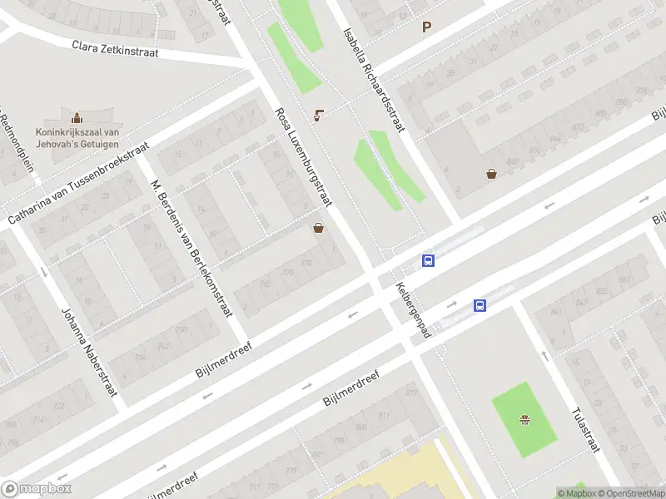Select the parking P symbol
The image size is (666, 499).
tap(427, 27)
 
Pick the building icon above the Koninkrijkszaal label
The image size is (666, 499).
tap(77, 117)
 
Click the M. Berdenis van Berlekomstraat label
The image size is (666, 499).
tap(191, 247)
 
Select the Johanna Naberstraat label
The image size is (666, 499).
tap(88, 352)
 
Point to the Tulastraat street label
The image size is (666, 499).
tap(585, 429)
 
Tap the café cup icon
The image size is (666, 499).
tap(319, 115)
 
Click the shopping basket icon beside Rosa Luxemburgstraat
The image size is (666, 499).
tap(318, 228)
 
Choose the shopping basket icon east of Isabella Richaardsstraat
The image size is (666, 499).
tap(492, 174)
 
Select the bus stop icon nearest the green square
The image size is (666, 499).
tap(480, 305)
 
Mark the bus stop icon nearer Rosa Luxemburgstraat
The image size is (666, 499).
tap(429, 260)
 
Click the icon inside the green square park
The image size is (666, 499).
tap(524, 418)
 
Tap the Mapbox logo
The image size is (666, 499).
tap(37, 489)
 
